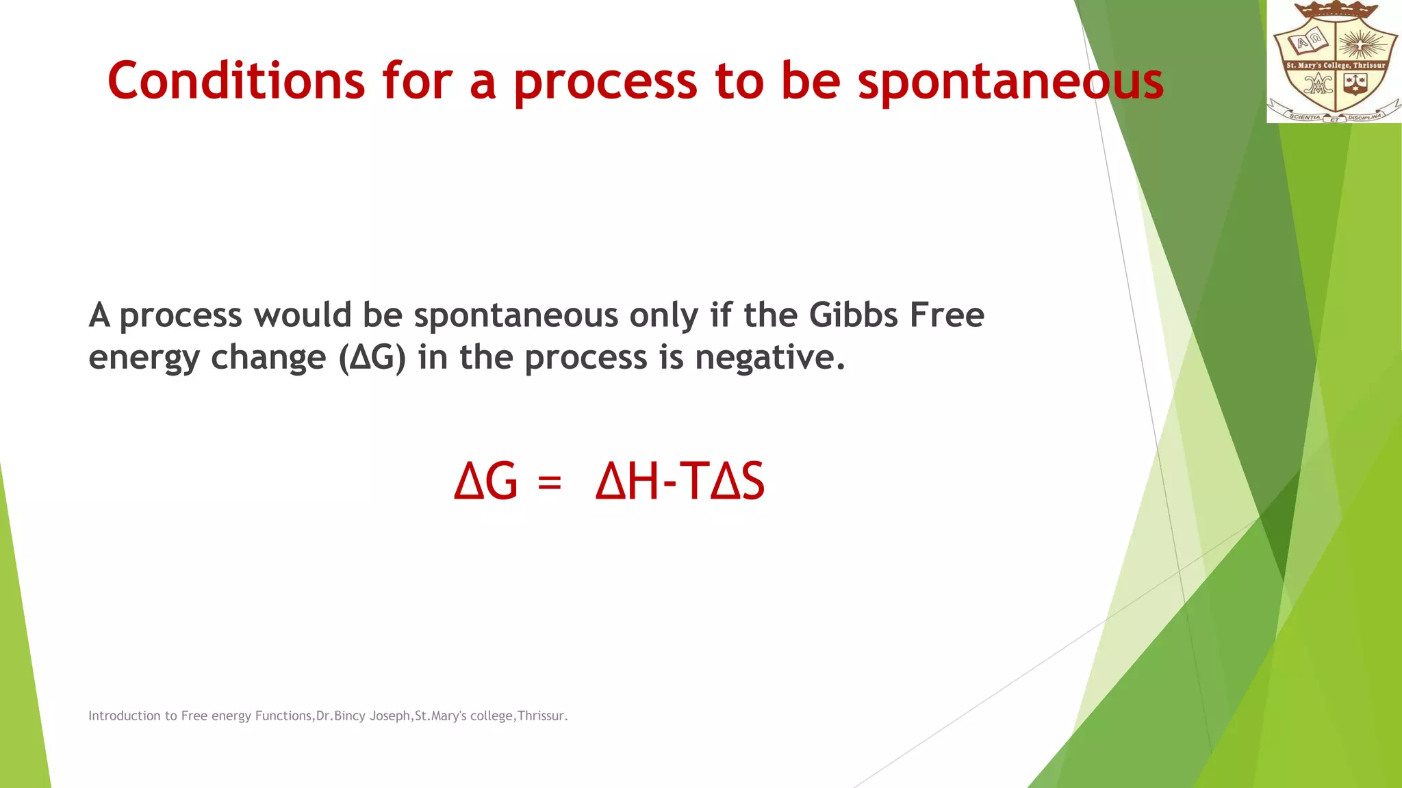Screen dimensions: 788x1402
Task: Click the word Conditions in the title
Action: coord(236,81)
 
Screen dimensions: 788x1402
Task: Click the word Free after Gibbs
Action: coord(947,315)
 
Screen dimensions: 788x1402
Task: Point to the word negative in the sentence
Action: coord(769,357)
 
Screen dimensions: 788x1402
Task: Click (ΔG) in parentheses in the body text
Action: coord(372,357)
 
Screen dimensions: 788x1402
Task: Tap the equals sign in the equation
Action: coord(550,482)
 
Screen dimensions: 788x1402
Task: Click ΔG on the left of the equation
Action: coord(486,482)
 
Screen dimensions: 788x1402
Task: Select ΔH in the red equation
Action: coord(627,482)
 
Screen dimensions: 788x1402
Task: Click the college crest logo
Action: coord(1334,62)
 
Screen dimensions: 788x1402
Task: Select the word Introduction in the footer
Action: coord(124,715)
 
